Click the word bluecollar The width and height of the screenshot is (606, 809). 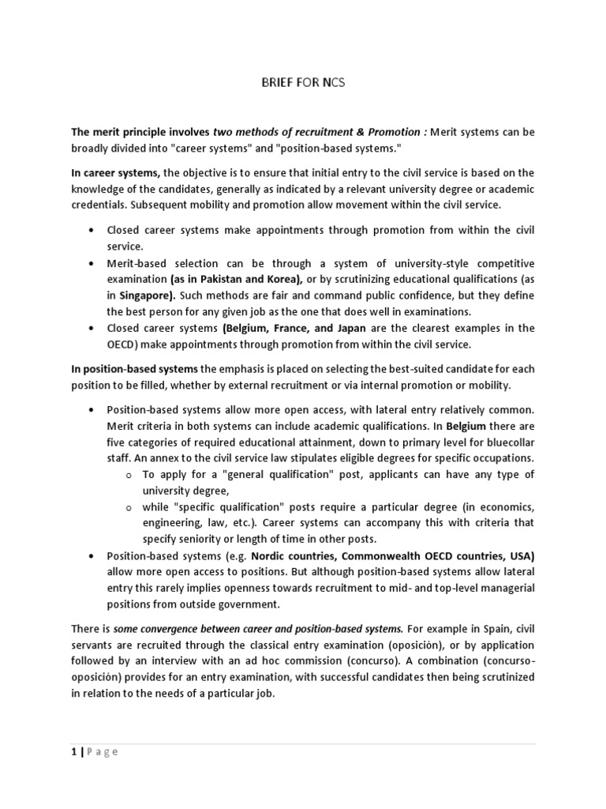coord(507,442)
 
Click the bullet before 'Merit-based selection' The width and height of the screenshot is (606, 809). coord(92,263)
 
